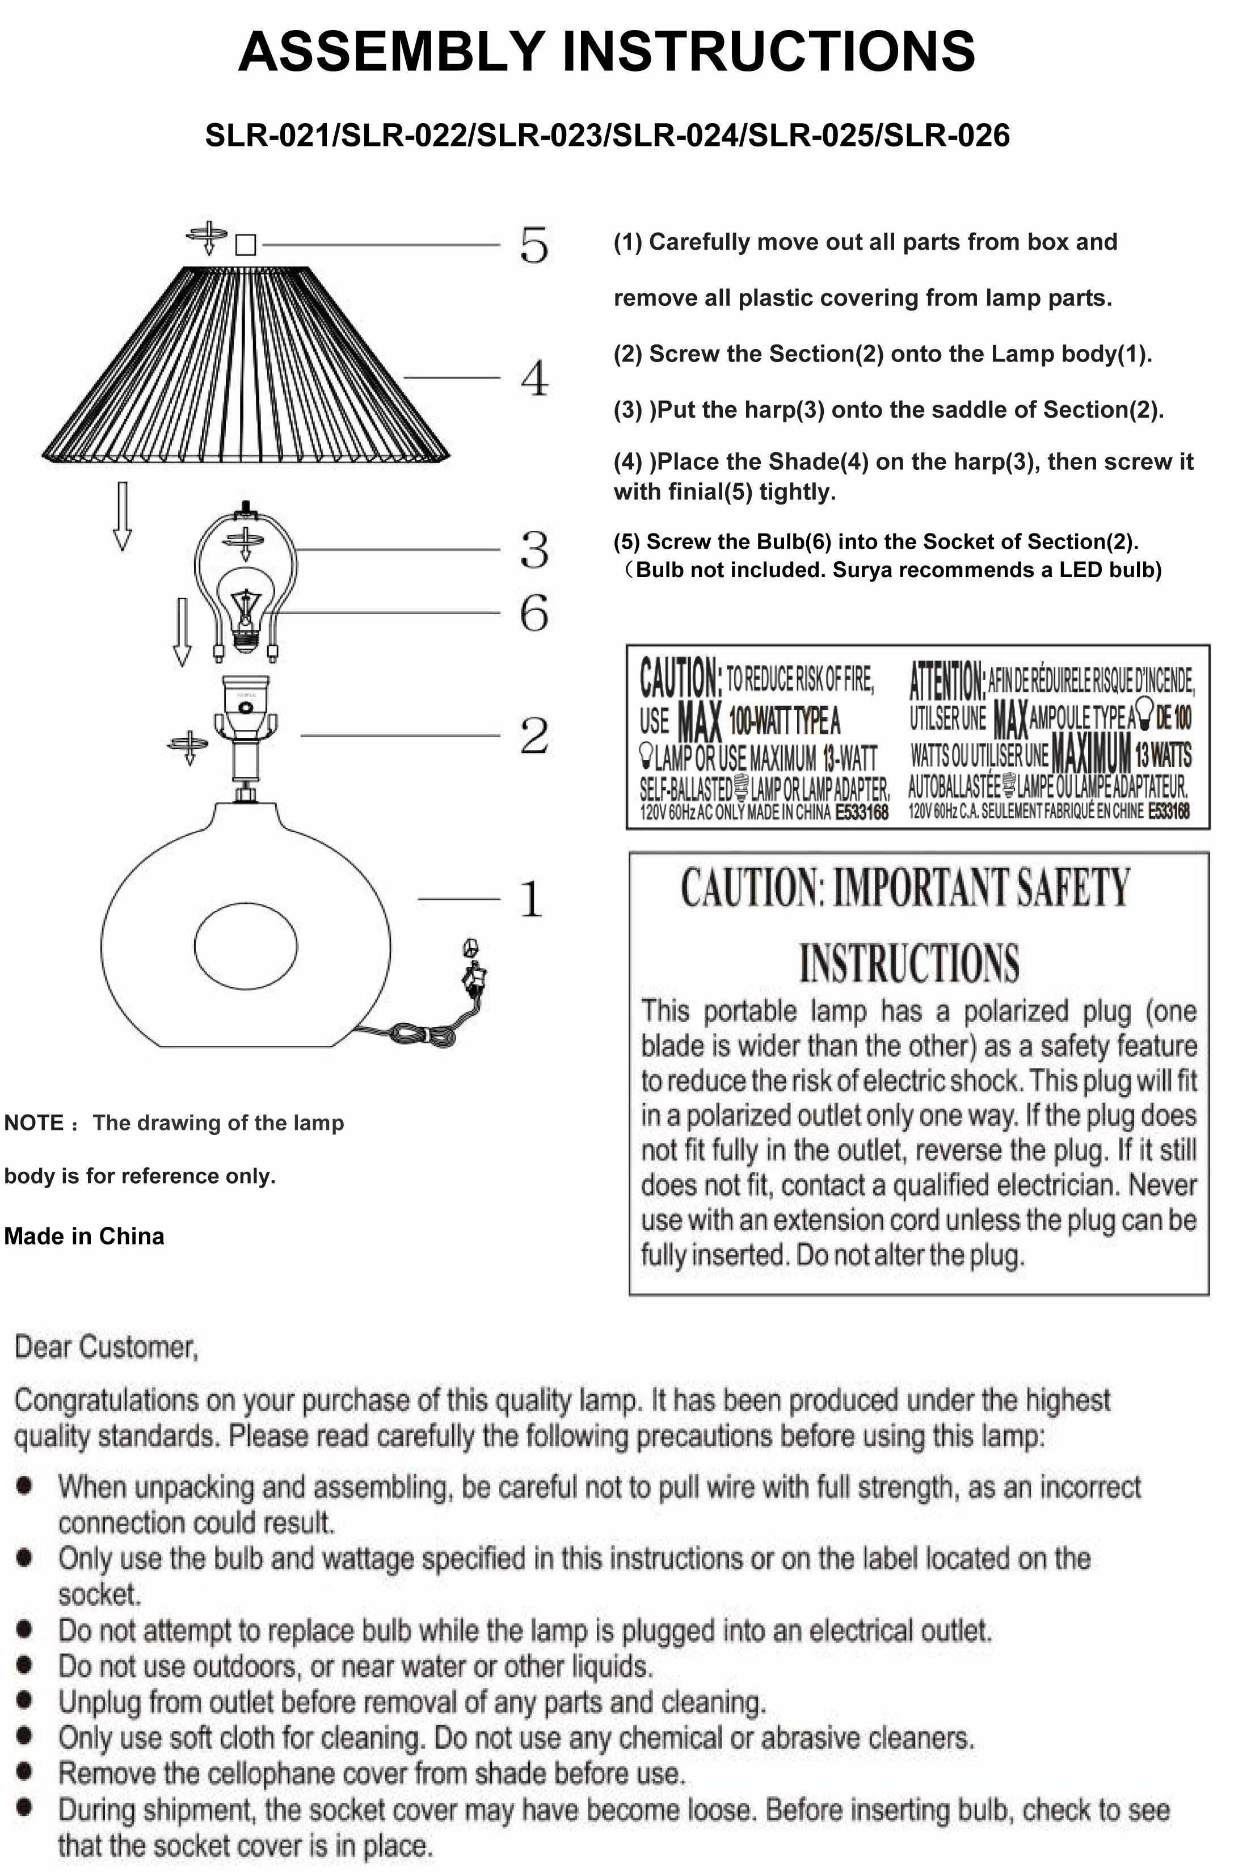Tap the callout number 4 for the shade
click(534, 378)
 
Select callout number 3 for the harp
click(534, 550)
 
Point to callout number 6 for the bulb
click(534, 613)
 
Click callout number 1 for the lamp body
click(530, 899)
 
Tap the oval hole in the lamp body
click(246, 945)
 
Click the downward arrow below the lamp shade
click(122, 515)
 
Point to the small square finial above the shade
click(246, 244)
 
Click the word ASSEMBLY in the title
click(391, 51)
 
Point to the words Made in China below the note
click(85, 1236)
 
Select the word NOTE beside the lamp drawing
click(33, 1123)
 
